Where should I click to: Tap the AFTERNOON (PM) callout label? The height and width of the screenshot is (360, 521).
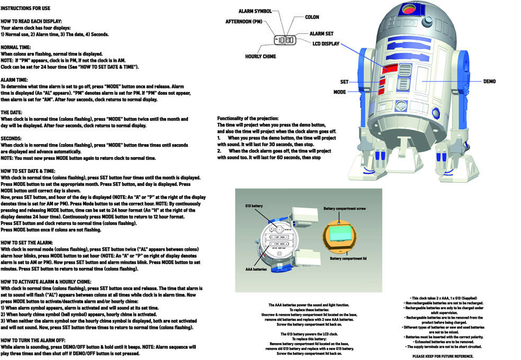(244, 22)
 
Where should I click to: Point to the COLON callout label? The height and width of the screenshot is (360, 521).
(312, 17)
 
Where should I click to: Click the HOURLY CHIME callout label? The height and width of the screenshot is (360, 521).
(260, 56)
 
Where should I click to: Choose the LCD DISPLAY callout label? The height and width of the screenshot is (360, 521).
(326, 44)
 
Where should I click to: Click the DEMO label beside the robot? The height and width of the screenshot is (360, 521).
(489, 82)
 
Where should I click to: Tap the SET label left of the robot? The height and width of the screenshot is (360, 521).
(344, 82)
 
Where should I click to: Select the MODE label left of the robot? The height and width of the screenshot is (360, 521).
(339, 92)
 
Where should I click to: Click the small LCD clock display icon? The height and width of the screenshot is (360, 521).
(285, 40)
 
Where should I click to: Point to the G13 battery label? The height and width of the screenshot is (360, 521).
(255, 205)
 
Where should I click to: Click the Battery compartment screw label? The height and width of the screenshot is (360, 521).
(344, 209)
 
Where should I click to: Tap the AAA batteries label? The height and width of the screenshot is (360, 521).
(256, 269)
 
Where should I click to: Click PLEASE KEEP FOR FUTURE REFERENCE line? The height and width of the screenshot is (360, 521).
(443, 356)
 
